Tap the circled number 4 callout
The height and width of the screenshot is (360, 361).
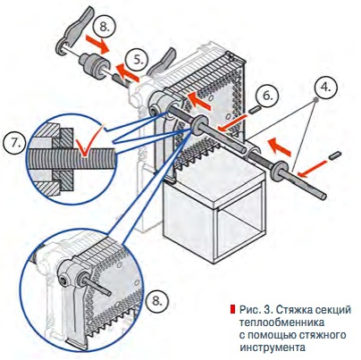pyautogui.click(x=326, y=87)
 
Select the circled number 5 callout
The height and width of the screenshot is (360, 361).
pyautogui.click(x=138, y=60)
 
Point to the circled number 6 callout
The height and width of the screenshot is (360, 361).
pyautogui.click(x=268, y=96)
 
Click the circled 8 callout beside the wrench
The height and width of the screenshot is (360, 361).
pyautogui.click(x=104, y=27)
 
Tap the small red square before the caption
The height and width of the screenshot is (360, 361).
pyautogui.click(x=232, y=309)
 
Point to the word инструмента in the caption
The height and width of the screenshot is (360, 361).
pyautogui.click(x=273, y=347)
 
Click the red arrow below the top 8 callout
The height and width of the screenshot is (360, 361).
pyautogui.click(x=97, y=44)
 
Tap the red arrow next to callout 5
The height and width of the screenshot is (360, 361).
pyautogui.click(x=127, y=72)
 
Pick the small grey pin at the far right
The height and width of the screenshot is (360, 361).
pyautogui.click(x=335, y=155)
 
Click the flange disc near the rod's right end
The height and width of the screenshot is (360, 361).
pyautogui.click(x=278, y=171)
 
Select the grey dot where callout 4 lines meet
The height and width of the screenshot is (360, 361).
pyautogui.click(x=315, y=100)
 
